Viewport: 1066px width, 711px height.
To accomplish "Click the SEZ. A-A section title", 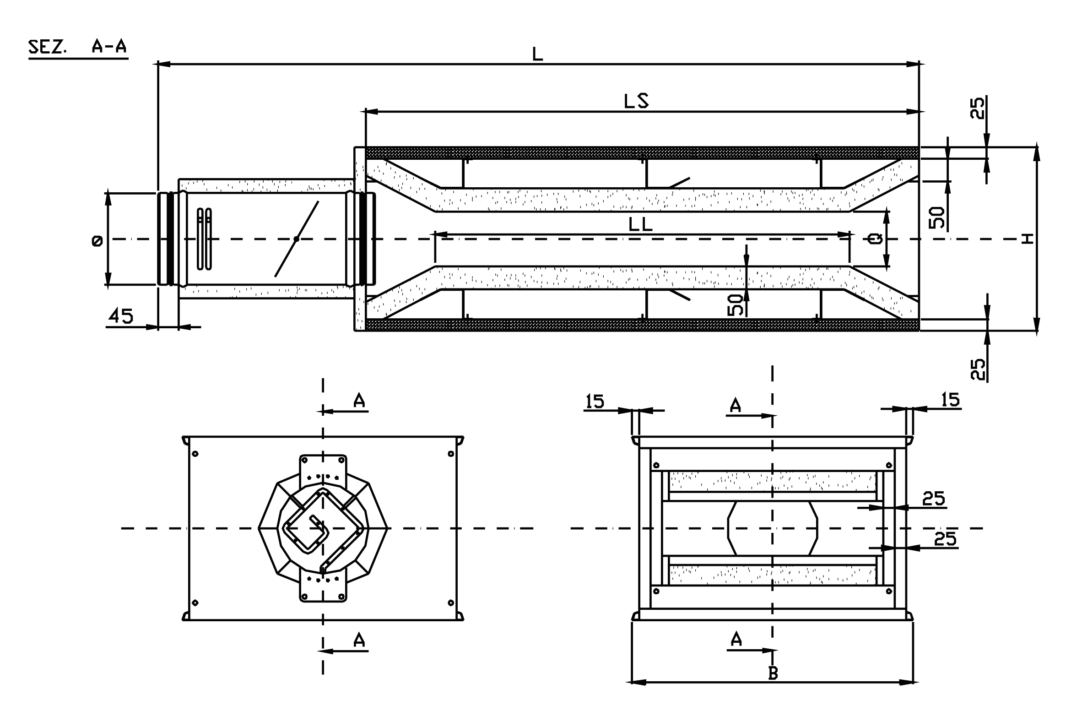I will point(77,47).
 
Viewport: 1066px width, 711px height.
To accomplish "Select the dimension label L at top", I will point(538,54).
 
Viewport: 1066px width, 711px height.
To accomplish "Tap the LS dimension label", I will point(636,101).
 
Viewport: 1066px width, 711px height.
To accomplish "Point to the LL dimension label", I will point(640,225).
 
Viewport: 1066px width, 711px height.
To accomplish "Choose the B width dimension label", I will point(773,673).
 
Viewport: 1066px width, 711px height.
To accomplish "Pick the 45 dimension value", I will point(121,316).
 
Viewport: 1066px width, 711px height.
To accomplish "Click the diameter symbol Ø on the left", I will point(97,241).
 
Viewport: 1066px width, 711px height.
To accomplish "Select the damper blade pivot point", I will point(297,239).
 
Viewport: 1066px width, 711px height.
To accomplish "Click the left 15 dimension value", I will point(595,402).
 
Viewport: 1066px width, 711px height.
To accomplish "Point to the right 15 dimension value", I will point(950,400).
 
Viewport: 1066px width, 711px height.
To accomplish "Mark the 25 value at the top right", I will point(977,108).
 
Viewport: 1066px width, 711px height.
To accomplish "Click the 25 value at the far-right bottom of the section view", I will point(977,369).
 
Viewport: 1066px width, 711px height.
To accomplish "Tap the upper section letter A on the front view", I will point(359,401).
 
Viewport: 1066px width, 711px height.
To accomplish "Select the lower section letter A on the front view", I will point(359,640).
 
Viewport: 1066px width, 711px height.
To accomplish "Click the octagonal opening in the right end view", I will point(773,528).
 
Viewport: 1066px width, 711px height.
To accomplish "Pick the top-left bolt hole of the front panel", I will point(195,454).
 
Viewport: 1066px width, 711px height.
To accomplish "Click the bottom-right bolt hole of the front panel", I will point(451,602).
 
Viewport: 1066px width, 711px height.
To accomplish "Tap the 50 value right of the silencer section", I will point(936,217).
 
